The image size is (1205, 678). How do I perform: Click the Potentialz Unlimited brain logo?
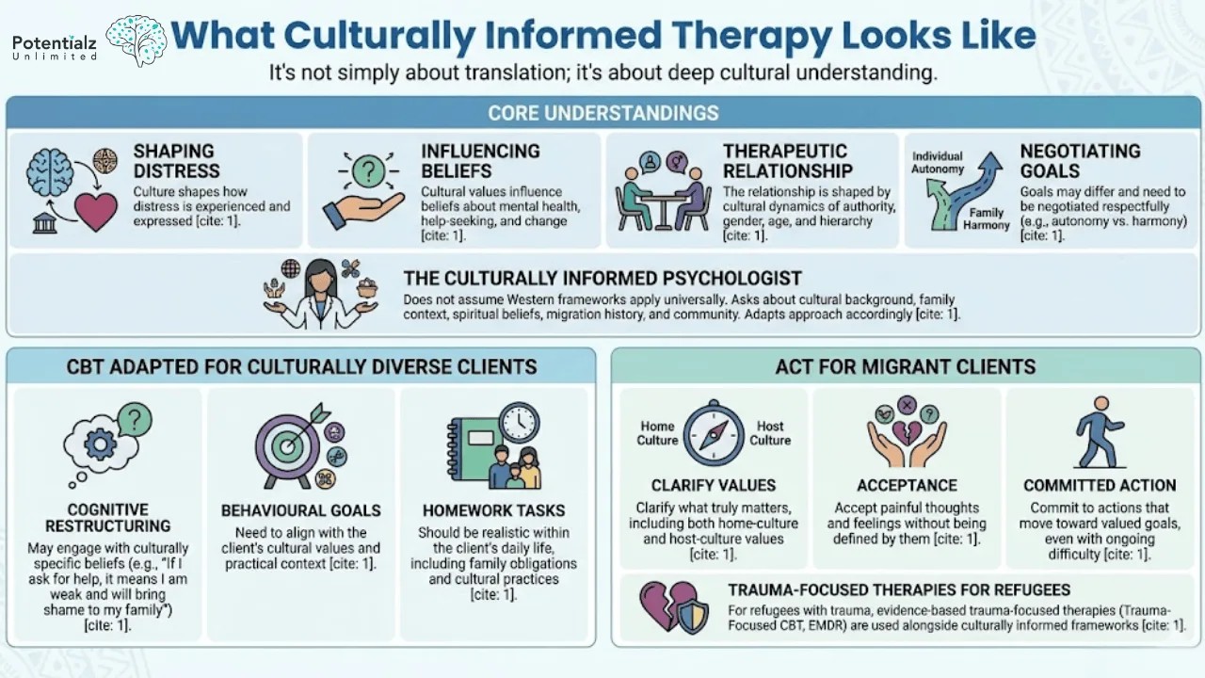pos(137,40)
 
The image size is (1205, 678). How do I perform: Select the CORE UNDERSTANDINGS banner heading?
pos(602,114)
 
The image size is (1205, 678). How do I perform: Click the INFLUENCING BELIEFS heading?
pos(480,161)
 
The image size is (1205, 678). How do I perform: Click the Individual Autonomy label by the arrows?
pos(938,162)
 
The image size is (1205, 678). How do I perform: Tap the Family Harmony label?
pos(986,219)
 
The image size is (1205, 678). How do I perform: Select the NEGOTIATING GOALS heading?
pos(1080,161)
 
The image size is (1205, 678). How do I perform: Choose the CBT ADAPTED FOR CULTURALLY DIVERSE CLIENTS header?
pos(301,366)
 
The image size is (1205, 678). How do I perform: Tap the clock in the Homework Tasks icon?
pos(519,423)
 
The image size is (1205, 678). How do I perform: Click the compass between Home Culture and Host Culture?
pos(714,433)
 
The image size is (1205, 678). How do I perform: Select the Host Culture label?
pos(769,433)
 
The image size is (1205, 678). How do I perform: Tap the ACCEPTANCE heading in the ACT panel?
pos(907,485)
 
